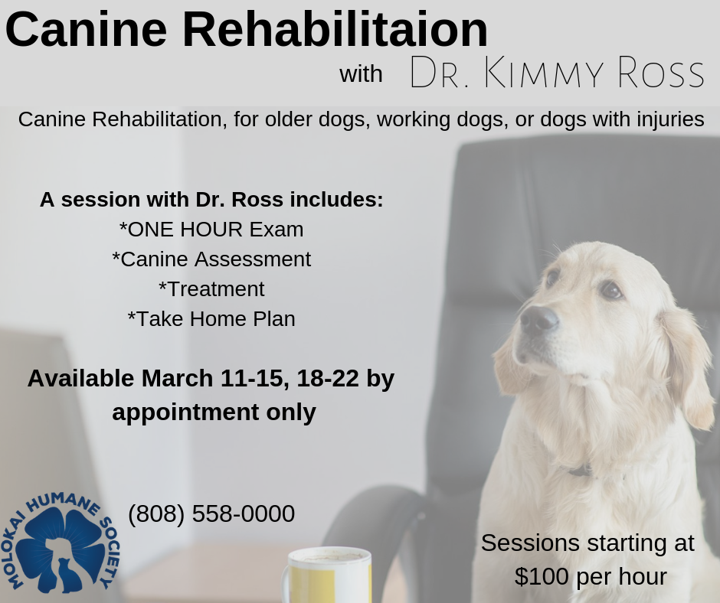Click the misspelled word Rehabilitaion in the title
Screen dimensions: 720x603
point(335,30)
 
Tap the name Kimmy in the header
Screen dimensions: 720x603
point(543,73)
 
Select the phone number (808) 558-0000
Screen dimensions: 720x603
point(211,513)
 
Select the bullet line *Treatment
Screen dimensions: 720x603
point(211,289)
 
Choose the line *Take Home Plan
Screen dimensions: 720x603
point(211,319)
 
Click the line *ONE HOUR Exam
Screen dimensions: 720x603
point(211,230)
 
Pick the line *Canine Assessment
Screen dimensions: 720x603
point(211,259)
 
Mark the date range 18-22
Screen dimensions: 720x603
point(328,379)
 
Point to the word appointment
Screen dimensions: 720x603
point(185,412)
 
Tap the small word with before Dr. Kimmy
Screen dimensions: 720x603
point(361,74)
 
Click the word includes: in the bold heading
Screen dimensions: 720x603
point(336,200)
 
